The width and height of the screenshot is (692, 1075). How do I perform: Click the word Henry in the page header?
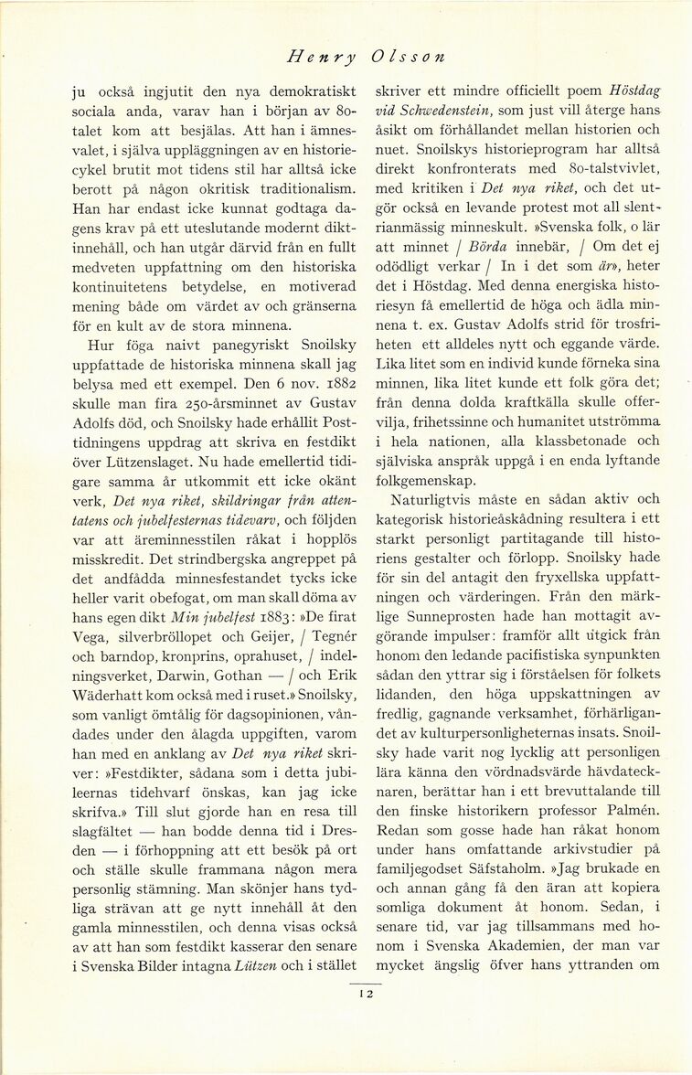pyautogui.click(x=322, y=57)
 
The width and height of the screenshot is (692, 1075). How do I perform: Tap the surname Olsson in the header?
pyautogui.click(x=409, y=57)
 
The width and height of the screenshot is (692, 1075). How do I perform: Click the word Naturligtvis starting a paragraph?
pyautogui.click(x=440, y=498)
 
